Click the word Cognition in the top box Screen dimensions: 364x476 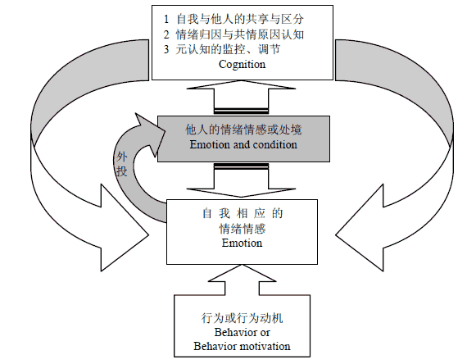tap(242, 65)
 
